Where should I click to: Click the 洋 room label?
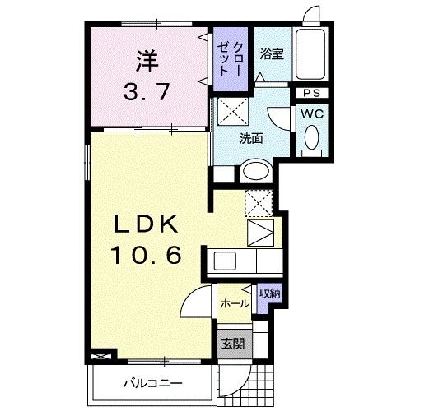click(x=147, y=61)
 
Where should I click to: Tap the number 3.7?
click(x=146, y=92)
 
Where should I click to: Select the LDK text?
click(x=146, y=224)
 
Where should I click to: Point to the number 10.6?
click(x=146, y=255)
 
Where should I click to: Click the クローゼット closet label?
click(x=230, y=59)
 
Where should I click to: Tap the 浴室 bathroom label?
click(x=272, y=54)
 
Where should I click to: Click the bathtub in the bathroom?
click(x=310, y=53)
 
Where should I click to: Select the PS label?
click(x=312, y=93)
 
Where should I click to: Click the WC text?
click(x=312, y=113)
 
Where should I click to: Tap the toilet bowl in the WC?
click(x=312, y=137)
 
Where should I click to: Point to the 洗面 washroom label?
click(x=251, y=138)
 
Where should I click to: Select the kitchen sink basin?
click(x=225, y=261)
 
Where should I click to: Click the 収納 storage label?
click(x=270, y=293)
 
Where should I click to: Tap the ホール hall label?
click(x=235, y=304)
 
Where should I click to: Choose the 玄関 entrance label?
click(x=233, y=344)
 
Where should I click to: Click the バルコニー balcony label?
click(x=152, y=383)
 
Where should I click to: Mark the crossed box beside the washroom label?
click(x=233, y=111)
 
